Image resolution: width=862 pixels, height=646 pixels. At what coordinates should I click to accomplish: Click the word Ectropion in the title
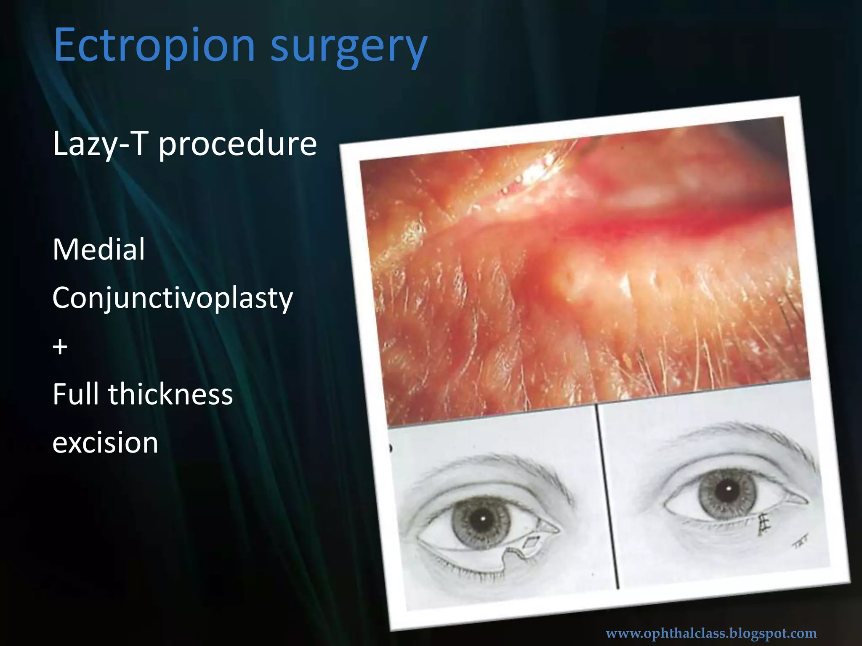(154, 45)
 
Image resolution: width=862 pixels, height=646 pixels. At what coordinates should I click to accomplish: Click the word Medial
(99, 249)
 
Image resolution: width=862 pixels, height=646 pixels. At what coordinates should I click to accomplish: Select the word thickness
(170, 394)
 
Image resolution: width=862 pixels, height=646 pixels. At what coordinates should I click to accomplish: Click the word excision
(105, 442)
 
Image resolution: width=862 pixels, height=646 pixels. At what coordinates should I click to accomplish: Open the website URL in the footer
(711, 633)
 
